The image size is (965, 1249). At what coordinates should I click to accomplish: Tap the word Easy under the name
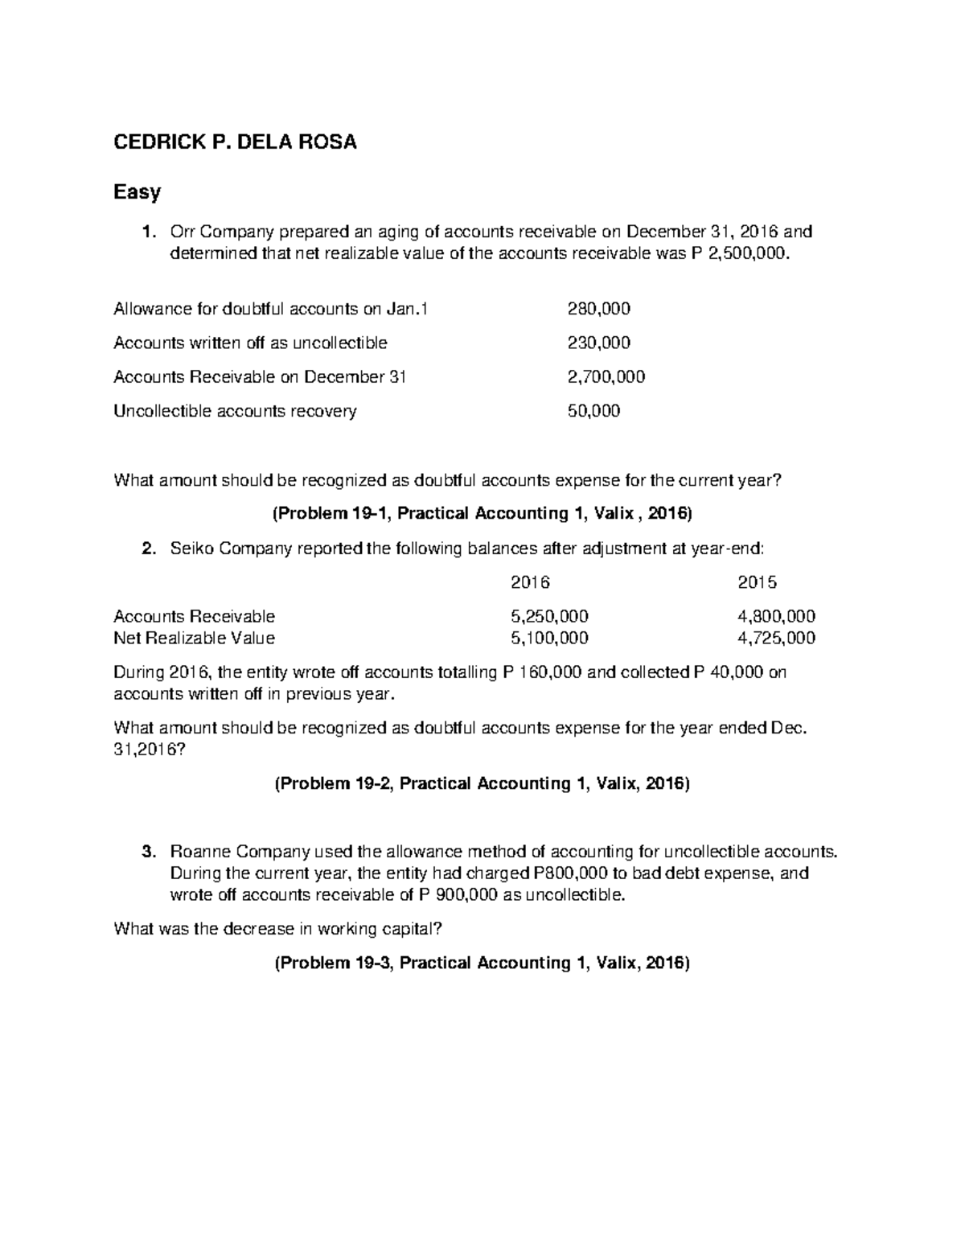click(x=137, y=192)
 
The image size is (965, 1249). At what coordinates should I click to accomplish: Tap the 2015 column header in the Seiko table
click(x=758, y=582)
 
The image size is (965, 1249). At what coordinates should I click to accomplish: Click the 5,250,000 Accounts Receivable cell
click(x=549, y=616)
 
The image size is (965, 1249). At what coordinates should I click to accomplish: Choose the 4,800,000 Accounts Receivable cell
click(x=776, y=616)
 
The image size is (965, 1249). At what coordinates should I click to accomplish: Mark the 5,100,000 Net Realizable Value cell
click(x=549, y=638)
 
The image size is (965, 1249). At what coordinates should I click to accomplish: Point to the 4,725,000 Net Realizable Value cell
click(x=776, y=638)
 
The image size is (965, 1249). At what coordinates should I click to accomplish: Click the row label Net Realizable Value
click(x=194, y=638)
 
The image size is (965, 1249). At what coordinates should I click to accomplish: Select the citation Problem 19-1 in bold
click(x=482, y=514)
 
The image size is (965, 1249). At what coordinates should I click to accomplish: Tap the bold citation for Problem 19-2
click(x=482, y=783)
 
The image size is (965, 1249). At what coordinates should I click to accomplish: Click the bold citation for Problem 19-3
click(x=482, y=963)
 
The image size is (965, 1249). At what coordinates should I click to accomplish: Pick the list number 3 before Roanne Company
click(x=147, y=852)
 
